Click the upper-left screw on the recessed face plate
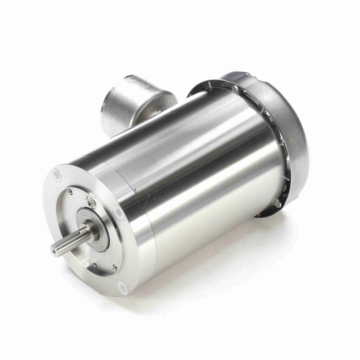tap(70, 190)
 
